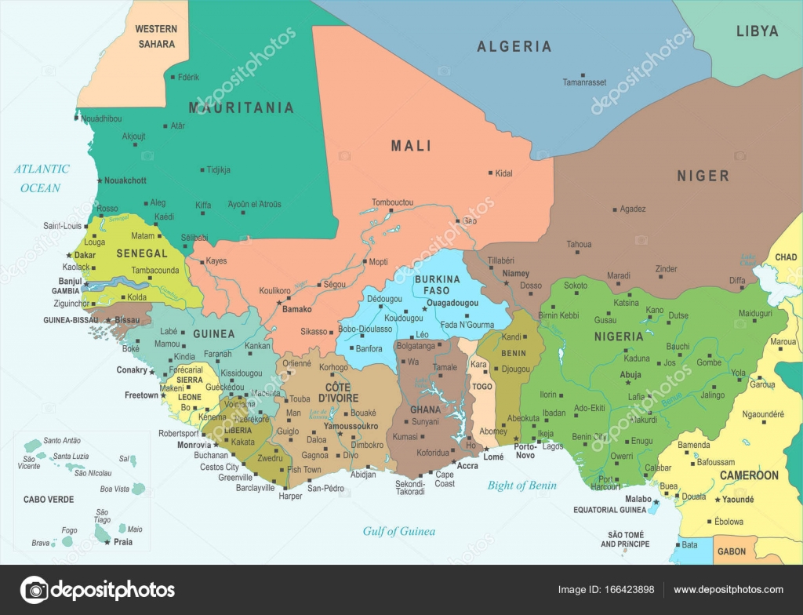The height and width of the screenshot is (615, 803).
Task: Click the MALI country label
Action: point(411,146)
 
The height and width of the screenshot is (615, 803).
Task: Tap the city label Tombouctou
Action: point(392,202)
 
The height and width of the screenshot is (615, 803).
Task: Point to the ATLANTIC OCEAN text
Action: point(42,178)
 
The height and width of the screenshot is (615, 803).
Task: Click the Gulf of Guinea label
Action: point(398,531)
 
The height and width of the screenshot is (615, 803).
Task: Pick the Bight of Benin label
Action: point(521,485)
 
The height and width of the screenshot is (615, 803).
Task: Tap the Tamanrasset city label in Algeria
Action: point(584,82)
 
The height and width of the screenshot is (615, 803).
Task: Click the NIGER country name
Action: point(703,176)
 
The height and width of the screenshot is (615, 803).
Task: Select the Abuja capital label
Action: point(630,375)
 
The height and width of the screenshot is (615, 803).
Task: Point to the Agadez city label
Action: point(632,209)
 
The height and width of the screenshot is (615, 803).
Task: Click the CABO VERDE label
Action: point(49,499)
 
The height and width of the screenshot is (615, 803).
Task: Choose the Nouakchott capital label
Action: point(125,180)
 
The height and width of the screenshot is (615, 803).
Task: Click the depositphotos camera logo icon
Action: point(34,590)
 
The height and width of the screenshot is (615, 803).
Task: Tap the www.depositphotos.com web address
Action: point(728,590)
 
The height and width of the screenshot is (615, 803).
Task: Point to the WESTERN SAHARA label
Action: point(156,37)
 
